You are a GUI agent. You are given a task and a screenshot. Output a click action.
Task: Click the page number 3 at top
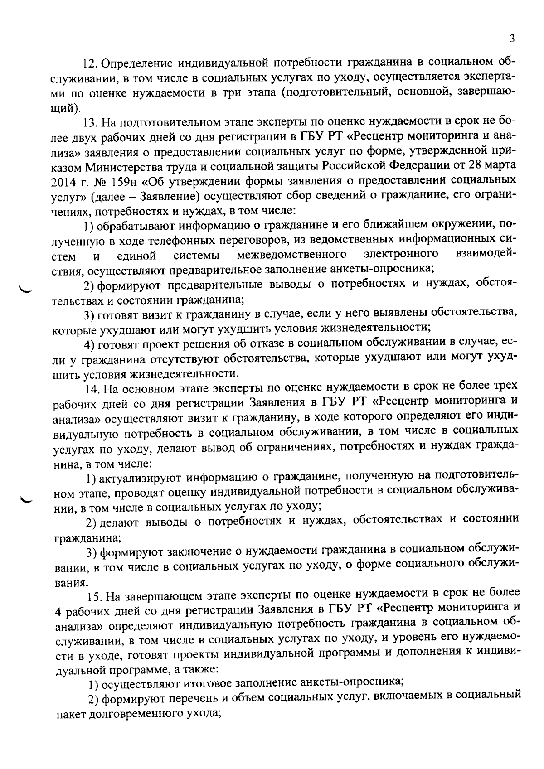click(x=512, y=39)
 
